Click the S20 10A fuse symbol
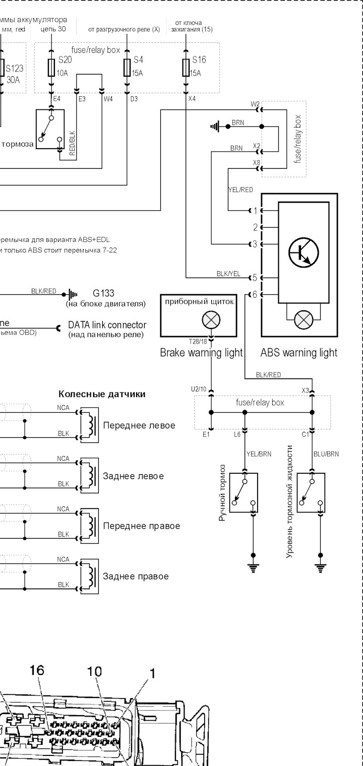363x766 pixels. (51, 68)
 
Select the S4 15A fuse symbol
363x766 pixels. (127, 68)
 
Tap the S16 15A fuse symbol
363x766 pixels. (186, 68)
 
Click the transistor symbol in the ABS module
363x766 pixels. (304, 251)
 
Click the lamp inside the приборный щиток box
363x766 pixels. (211, 320)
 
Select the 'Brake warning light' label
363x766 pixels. (201, 352)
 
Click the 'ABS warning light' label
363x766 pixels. (299, 352)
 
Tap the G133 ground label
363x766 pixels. (103, 293)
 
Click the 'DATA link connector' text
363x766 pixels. (107, 325)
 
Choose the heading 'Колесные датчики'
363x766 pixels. (102, 394)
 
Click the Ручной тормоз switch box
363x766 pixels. (243, 492)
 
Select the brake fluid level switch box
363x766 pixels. (311, 492)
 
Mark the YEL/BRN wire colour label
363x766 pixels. (258, 454)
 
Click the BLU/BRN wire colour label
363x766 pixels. (326, 454)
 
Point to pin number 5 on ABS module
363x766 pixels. (255, 278)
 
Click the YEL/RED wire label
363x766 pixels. (240, 190)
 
